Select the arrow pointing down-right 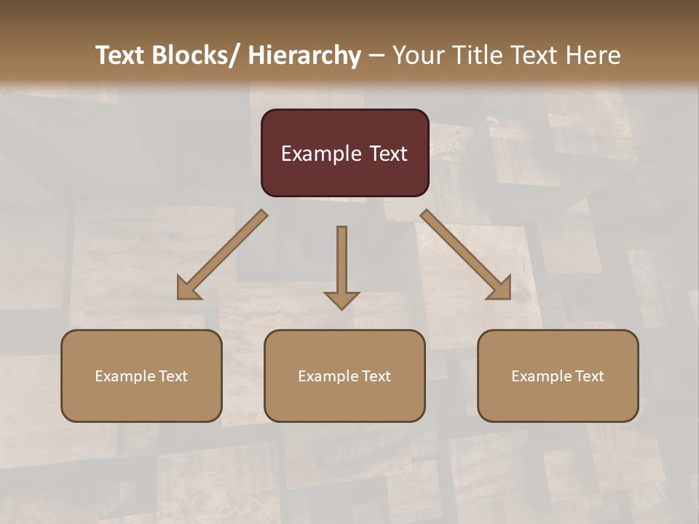click(x=463, y=252)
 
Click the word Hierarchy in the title click(x=304, y=55)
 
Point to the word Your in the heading click(x=416, y=55)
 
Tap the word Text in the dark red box click(x=387, y=154)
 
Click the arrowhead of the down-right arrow click(x=500, y=288)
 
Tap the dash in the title click(x=376, y=55)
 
